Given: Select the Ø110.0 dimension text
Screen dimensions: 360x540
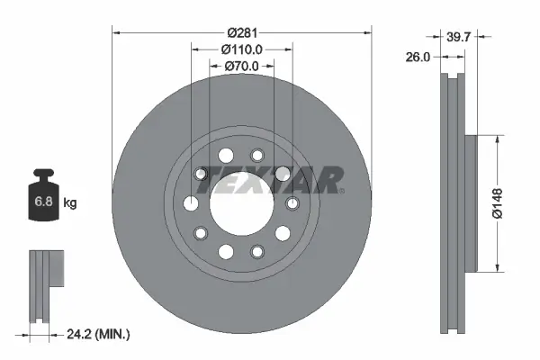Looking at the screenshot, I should (x=241, y=49).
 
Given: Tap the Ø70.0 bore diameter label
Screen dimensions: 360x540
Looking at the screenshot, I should (x=241, y=66).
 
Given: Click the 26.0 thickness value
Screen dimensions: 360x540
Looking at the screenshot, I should (x=417, y=56).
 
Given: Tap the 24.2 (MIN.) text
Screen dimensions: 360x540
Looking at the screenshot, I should (x=98, y=335).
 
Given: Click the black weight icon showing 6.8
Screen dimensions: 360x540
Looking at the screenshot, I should (x=44, y=197).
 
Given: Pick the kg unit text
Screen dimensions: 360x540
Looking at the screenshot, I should (x=70, y=203).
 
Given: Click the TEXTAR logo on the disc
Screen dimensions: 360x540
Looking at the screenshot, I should (x=270, y=180).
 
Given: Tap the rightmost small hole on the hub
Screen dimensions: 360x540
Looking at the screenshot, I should (x=292, y=203).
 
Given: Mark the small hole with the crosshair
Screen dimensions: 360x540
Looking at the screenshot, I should (x=202, y=174).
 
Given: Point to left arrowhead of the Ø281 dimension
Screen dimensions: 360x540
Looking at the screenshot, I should (x=116, y=32).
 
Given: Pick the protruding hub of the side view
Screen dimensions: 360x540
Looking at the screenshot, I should (x=470, y=203).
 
